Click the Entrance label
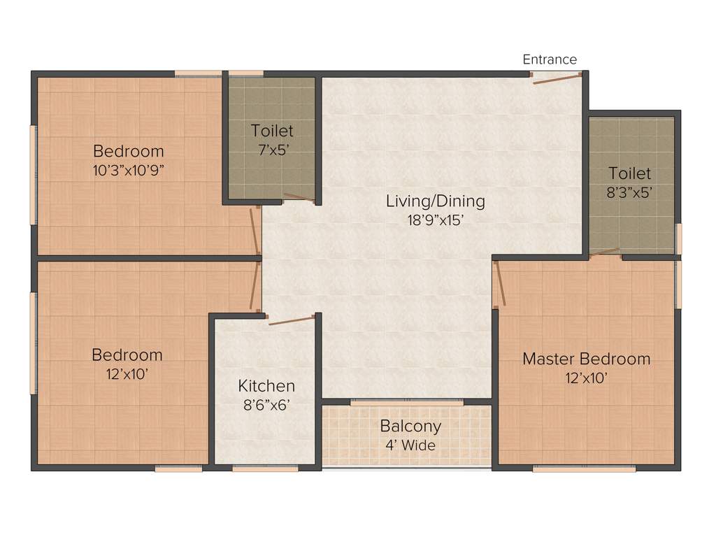[550, 59]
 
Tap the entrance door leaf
[557, 79]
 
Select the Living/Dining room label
[435, 201]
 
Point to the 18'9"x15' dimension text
[435, 220]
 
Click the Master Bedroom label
[586, 359]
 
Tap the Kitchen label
[266, 386]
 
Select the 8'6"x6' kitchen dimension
[266, 404]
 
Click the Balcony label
[410, 426]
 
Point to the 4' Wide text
[410, 445]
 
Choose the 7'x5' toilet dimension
[272, 149]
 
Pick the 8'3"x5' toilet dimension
[629, 192]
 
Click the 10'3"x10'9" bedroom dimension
[129, 169]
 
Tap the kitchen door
[292, 320]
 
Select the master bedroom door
[499, 284]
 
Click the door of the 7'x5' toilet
[299, 198]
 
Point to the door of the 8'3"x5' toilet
[605, 252]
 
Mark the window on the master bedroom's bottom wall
[584, 468]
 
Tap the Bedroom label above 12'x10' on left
[127, 355]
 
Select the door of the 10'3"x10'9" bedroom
[255, 230]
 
